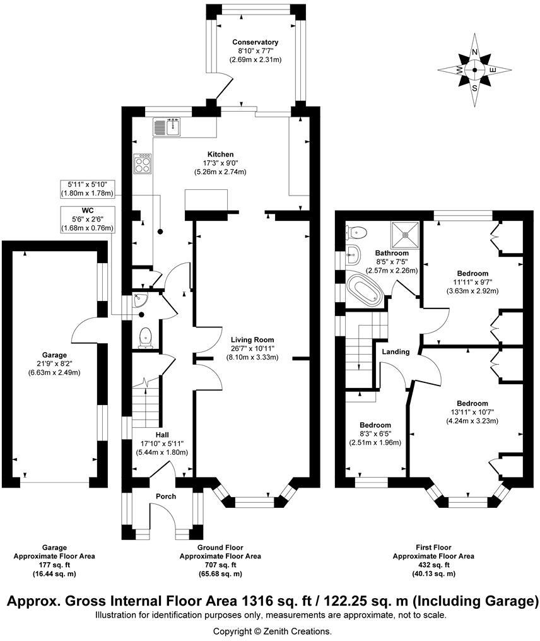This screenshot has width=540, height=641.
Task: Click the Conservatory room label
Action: [255, 42]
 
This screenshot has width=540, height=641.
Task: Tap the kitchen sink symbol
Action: [167, 128]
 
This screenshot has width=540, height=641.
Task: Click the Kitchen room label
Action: [220, 154]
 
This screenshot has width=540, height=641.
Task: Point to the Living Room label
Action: [252, 339]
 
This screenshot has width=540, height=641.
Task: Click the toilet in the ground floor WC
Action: [146, 338]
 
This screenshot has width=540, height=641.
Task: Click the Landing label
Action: [396, 352]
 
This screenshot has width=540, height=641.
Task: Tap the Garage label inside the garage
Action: [53, 355]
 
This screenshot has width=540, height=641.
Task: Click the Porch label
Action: [165, 497]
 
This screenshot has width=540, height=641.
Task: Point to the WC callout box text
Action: [87, 219]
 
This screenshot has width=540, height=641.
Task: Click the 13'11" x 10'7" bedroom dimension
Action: [472, 413]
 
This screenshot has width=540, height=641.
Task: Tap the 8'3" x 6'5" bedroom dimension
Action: [375, 434]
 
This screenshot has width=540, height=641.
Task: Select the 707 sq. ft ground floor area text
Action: [220, 565]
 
